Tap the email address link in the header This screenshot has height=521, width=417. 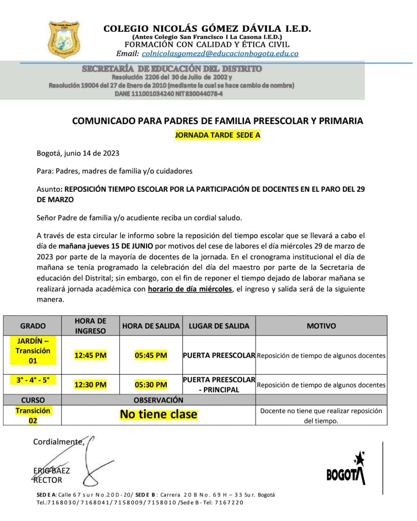pyautogui.click(x=220, y=53)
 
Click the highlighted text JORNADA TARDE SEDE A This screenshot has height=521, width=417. pyautogui.click(x=217, y=136)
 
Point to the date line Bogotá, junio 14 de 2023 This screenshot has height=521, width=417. pyautogui.click(x=78, y=153)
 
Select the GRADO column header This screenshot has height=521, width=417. pyautogui.click(x=33, y=326)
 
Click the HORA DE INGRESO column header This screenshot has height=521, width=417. pyautogui.click(x=90, y=326)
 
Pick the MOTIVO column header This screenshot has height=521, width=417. pyautogui.click(x=321, y=326)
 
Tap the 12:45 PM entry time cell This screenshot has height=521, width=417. pyautogui.click(x=90, y=355)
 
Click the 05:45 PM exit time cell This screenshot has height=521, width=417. pyautogui.click(x=151, y=355)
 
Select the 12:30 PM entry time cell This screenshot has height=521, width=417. pyautogui.click(x=90, y=385)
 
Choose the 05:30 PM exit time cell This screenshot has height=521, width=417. pyautogui.click(x=151, y=385)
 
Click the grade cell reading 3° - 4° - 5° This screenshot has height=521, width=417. pyautogui.click(x=33, y=380)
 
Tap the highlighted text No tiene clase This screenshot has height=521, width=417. pyautogui.click(x=158, y=415)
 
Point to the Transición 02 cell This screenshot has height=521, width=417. pyautogui.click(x=33, y=416)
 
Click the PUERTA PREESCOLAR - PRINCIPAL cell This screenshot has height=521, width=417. pyautogui.click(x=219, y=385)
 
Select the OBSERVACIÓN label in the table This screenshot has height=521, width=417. pyautogui.click(x=158, y=400)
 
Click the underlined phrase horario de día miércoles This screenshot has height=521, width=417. pyautogui.click(x=190, y=289)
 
